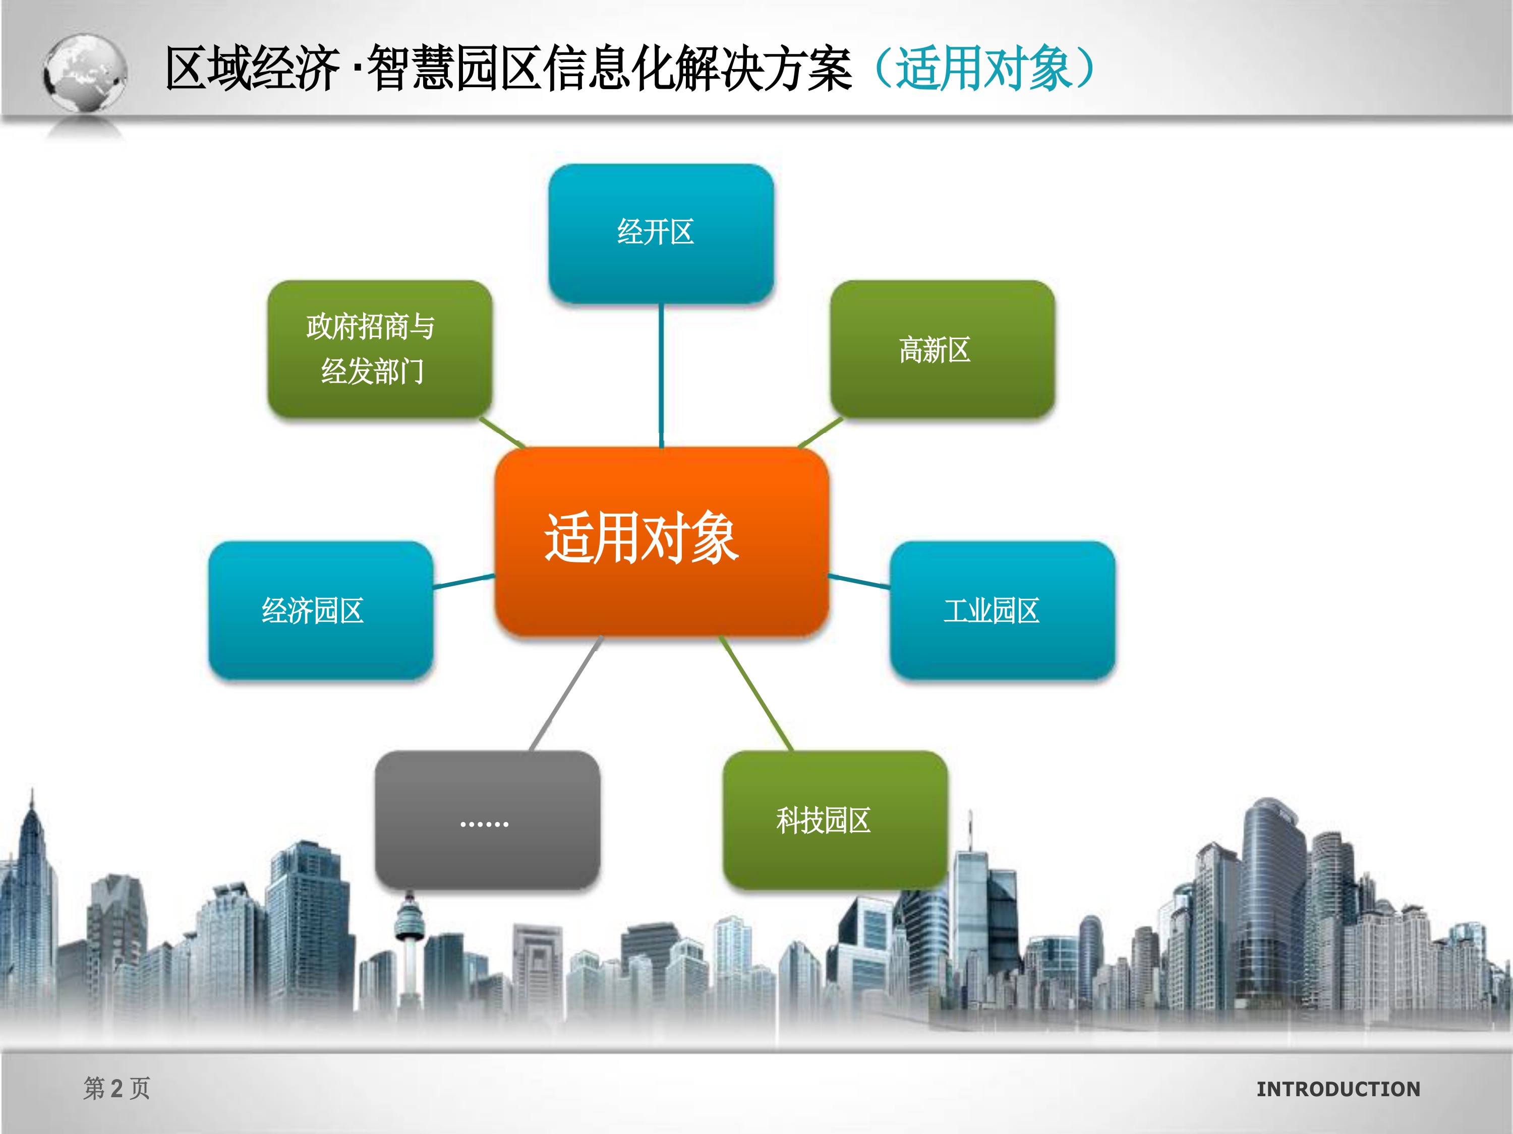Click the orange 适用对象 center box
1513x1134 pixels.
click(661, 542)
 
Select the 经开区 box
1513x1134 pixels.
click(661, 233)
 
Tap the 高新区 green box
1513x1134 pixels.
click(942, 349)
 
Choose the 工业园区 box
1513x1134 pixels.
click(1002, 610)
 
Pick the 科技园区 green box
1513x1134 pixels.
click(835, 820)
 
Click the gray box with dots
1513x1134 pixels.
click(487, 820)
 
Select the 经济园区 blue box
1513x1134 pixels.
click(321, 610)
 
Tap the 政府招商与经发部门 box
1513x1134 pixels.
click(380, 349)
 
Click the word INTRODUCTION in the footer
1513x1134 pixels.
click(1338, 1089)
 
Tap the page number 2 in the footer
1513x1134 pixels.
click(117, 1088)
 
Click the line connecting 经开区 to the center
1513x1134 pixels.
click(661, 375)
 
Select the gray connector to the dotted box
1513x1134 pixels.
click(566, 694)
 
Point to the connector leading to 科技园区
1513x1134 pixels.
click(756, 694)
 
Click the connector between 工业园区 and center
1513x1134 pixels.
click(859, 582)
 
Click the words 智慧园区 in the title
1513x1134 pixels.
click(455, 69)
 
